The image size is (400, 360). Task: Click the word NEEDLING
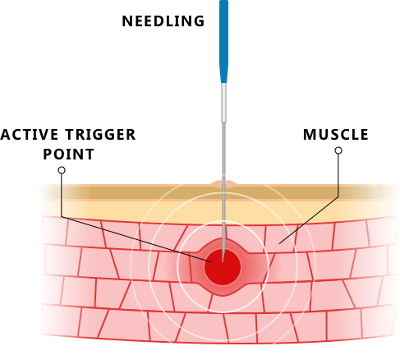163,21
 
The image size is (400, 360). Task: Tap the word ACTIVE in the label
30,135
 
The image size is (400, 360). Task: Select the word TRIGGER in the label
100,135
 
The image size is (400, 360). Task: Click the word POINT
69,155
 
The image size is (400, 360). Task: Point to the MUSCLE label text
336,135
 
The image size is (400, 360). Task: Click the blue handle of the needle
223,41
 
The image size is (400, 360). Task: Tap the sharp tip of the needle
223,261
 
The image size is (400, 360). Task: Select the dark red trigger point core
223,267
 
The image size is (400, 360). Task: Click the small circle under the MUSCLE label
338,150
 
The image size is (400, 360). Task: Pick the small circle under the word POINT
62,170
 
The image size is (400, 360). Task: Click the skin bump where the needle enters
223,184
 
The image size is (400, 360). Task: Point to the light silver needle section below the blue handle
223,103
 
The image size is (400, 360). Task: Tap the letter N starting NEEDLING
126,21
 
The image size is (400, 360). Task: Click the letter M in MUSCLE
309,135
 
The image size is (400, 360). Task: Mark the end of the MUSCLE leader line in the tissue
279,243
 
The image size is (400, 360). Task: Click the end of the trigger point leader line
211,262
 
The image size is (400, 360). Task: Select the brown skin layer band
219,193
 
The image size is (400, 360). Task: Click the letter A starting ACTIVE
6,135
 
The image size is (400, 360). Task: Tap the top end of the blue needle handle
223,1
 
